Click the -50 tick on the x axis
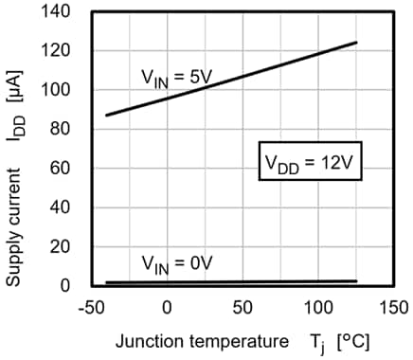[x=91, y=307]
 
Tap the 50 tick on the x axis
[x=242, y=307]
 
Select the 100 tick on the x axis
[x=317, y=307]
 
